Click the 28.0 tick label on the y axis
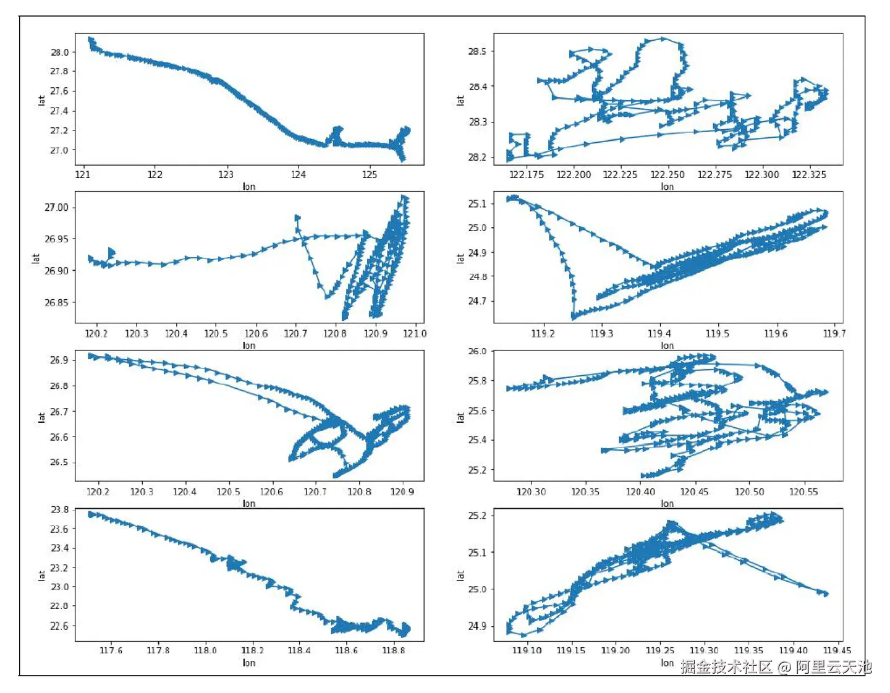click(x=59, y=52)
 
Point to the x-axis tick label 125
click(x=370, y=174)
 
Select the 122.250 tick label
click(x=667, y=174)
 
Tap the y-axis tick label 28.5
click(x=477, y=51)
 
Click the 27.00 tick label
click(x=56, y=207)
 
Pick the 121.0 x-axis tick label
click(x=415, y=333)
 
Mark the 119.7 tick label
click(x=834, y=333)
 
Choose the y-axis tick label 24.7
click(x=477, y=301)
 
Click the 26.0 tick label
click(x=477, y=351)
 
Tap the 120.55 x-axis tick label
click(x=803, y=491)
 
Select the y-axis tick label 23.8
click(x=59, y=509)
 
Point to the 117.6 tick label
click(x=111, y=650)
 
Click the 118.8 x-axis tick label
click(x=393, y=650)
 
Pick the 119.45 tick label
click(x=837, y=650)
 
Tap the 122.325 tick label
click(x=809, y=174)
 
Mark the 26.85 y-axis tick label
click(x=56, y=302)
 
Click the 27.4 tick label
click(x=59, y=111)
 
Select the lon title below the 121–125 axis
click(x=249, y=186)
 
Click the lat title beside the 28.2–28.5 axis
click(x=460, y=100)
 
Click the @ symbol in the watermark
click(x=784, y=667)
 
